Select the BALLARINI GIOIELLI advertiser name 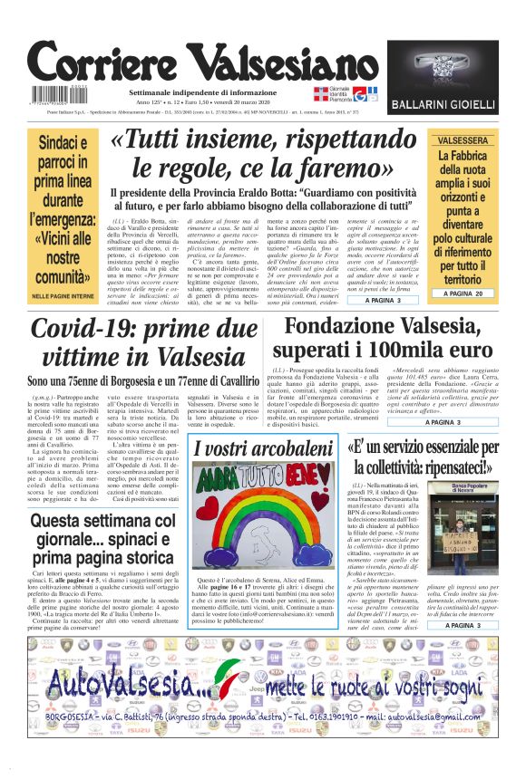point(454,105)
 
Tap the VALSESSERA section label point(463,140)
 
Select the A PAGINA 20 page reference point(463,294)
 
